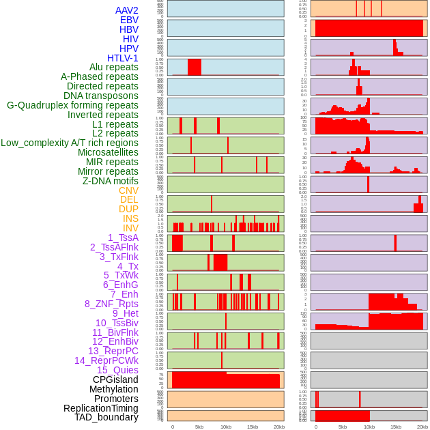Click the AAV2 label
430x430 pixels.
tap(126, 10)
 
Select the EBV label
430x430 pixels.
tap(129, 20)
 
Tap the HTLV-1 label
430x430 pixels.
tap(122, 58)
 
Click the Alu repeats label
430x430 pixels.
tap(114, 68)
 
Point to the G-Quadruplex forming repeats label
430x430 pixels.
tap(72, 105)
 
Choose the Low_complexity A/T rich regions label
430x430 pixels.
tap(70, 143)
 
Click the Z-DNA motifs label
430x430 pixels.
tap(110, 181)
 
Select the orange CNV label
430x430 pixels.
tap(128, 190)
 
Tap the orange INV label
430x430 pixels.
tap(130, 228)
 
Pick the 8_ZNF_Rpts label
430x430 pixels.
tap(111, 304)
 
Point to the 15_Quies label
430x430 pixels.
tap(117, 370)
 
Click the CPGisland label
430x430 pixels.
tap(115, 379)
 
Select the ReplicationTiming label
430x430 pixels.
tap(100, 408)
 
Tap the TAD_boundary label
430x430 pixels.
tap(106, 417)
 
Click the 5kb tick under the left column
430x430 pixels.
tap(199, 427)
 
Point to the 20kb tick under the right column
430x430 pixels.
tap(422, 427)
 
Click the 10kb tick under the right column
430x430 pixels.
tap(369, 427)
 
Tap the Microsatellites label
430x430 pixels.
tap(108, 152)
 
